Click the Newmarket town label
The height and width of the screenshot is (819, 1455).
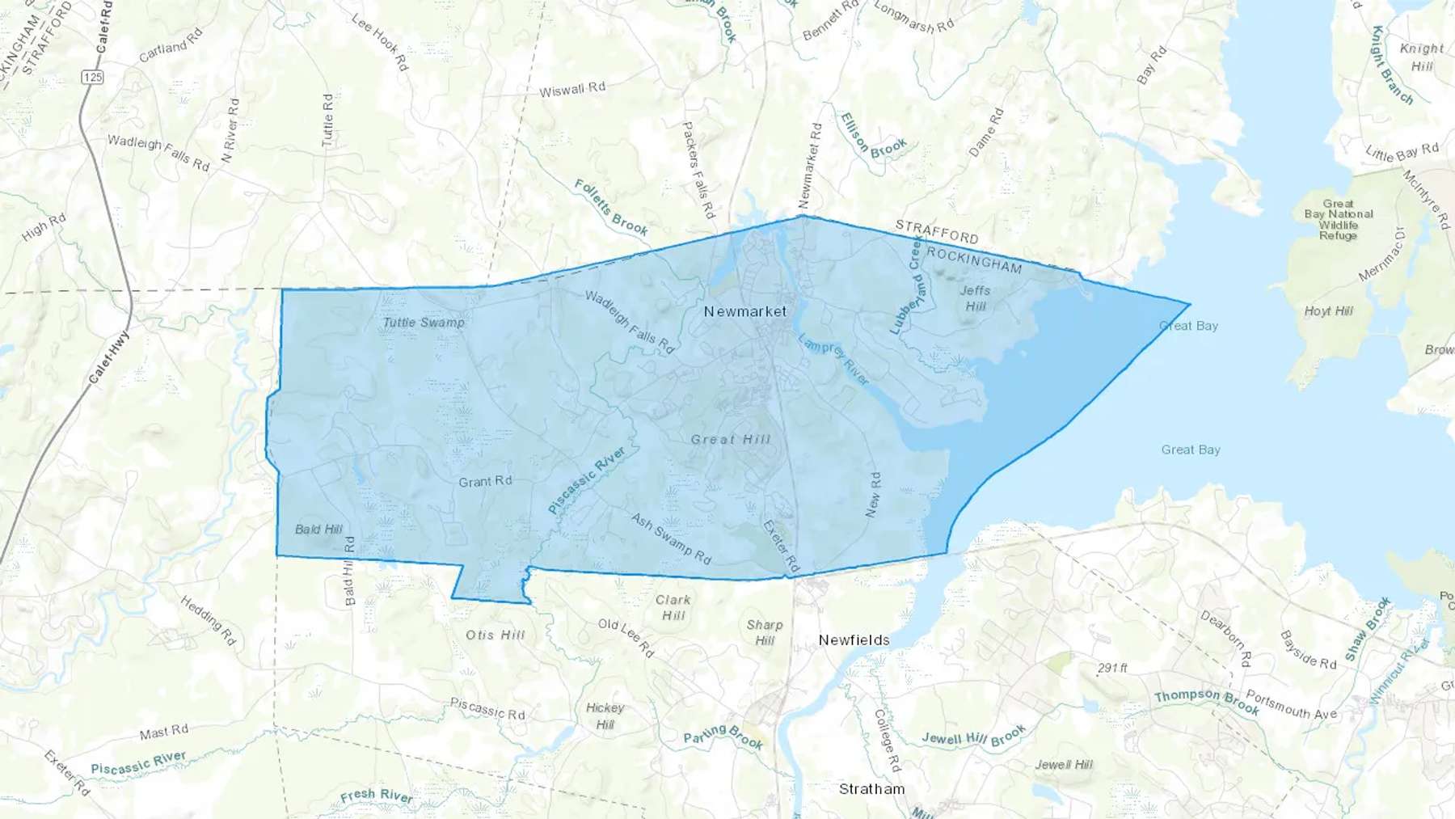(744, 311)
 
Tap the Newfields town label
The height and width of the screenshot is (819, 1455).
(854, 640)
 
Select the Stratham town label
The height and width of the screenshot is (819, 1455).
(871, 789)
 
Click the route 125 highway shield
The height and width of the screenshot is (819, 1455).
(92, 78)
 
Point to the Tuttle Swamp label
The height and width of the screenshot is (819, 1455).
(424, 323)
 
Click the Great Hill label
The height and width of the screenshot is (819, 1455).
(731, 440)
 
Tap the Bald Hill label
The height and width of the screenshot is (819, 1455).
(318, 530)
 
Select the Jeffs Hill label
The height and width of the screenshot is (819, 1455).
(975, 298)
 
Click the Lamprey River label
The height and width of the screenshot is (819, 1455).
(834, 359)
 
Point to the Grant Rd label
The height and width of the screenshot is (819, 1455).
(485, 482)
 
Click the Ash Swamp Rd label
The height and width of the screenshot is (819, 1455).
(671, 538)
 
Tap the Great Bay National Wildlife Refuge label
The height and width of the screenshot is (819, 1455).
(1339, 220)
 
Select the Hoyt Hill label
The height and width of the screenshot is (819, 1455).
(1328, 311)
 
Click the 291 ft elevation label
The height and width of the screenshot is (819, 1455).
(1112, 668)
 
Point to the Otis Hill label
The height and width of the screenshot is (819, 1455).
(496, 635)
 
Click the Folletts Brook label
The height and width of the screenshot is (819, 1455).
(611, 208)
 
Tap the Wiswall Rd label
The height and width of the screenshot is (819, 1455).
(572, 90)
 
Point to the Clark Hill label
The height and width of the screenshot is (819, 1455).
(673, 608)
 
